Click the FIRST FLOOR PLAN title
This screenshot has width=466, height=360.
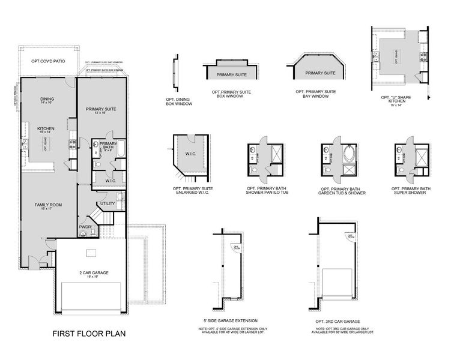coord(89,333)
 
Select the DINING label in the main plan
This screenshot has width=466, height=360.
coord(47,100)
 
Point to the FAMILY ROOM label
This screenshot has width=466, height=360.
coord(48,205)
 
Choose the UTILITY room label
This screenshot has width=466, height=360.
coord(107,203)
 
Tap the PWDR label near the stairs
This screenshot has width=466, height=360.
coord(85,227)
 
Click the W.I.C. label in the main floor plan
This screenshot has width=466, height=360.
coord(110,180)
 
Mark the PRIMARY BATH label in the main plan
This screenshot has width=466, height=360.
coord(108,145)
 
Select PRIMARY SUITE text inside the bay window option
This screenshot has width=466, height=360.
coord(320,73)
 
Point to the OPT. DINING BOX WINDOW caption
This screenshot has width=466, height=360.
coord(179,101)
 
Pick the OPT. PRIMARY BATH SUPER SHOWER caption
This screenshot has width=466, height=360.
coord(412,191)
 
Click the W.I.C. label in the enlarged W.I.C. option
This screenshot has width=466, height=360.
coord(191,154)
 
